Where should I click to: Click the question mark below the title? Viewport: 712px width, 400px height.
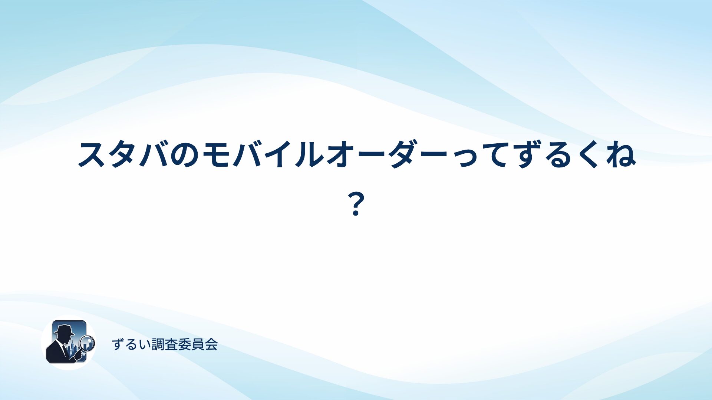356,204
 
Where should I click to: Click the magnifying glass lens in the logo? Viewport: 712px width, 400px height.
88,343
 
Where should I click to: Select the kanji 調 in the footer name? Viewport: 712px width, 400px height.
158,344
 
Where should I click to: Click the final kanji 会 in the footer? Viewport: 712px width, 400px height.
211,344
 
